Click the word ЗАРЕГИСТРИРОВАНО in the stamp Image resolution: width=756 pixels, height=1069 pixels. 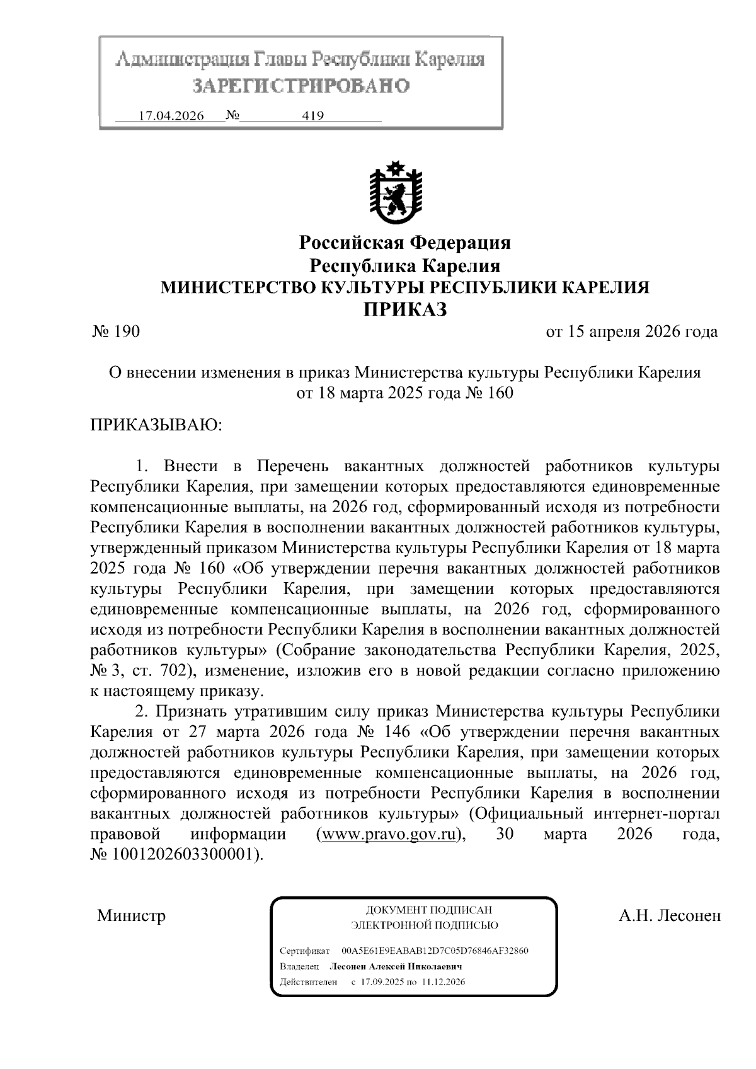[x=301, y=86]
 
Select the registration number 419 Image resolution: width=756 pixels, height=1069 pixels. [x=313, y=117]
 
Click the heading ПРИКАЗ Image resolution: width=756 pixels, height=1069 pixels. [x=404, y=309]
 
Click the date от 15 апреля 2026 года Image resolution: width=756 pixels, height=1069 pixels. [x=631, y=331]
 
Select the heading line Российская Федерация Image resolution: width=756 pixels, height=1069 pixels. [x=404, y=243]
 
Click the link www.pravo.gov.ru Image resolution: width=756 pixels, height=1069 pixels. [x=387, y=835]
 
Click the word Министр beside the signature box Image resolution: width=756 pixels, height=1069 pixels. [x=131, y=915]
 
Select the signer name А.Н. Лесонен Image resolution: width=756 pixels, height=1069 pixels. [x=669, y=915]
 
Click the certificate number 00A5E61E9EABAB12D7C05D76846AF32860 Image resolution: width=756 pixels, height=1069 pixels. [x=435, y=951]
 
